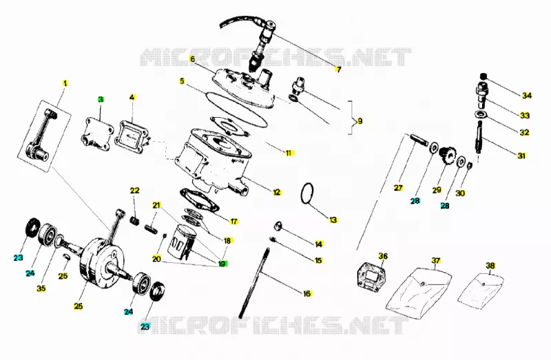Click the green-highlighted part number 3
click(x=101, y=99)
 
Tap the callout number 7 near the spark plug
click(x=338, y=70)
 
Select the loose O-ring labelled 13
click(x=307, y=193)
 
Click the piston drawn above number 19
click(x=183, y=242)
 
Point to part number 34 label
click(x=527, y=95)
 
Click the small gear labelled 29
click(x=447, y=155)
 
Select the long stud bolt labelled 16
click(x=253, y=282)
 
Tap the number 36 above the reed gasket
click(x=383, y=256)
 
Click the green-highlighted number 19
click(x=222, y=264)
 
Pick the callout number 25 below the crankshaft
click(x=79, y=306)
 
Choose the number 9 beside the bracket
click(x=360, y=121)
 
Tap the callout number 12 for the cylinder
click(x=277, y=192)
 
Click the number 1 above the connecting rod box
click(x=65, y=83)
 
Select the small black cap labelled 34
click(x=484, y=77)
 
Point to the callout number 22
click(x=135, y=191)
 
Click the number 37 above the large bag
click(x=436, y=261)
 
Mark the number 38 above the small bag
click(x=490, y=266)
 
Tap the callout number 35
click(x=41, y=288)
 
